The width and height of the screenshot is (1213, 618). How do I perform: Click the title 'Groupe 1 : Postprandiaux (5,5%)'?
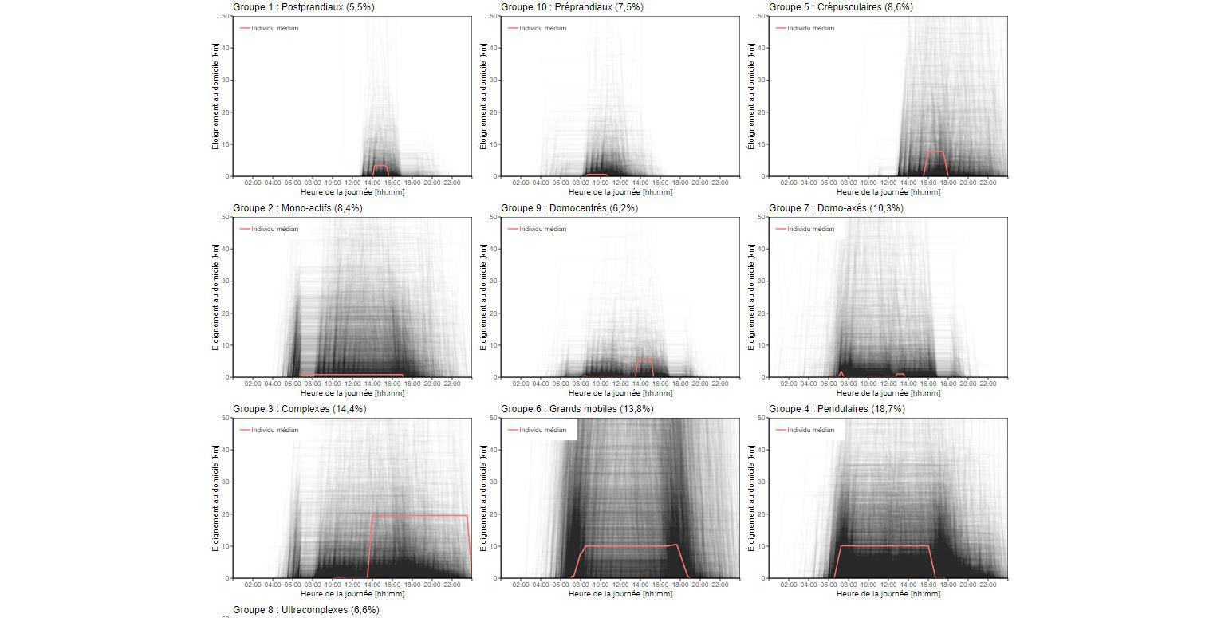click(303, 7)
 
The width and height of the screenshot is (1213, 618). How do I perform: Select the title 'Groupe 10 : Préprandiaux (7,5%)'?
click(572, 7)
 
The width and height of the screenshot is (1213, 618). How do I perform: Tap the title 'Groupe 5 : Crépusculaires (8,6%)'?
click(841, 7)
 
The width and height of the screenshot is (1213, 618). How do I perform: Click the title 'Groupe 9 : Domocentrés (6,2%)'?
click(569, 208)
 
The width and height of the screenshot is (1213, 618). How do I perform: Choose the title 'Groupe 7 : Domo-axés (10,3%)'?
click(836, 208)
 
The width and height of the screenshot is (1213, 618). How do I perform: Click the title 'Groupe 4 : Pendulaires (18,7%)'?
click(837, 409)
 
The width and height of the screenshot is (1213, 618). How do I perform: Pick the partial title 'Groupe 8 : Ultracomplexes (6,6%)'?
click(305, 610)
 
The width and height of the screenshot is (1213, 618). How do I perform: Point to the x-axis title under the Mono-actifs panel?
click(352, 393)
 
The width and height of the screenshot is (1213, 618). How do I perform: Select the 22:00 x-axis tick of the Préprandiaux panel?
click(719, 183)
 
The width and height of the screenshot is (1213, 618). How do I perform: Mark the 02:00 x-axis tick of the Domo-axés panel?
click(789, 384)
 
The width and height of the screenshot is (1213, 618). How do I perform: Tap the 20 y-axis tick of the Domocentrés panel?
click(494, 313)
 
